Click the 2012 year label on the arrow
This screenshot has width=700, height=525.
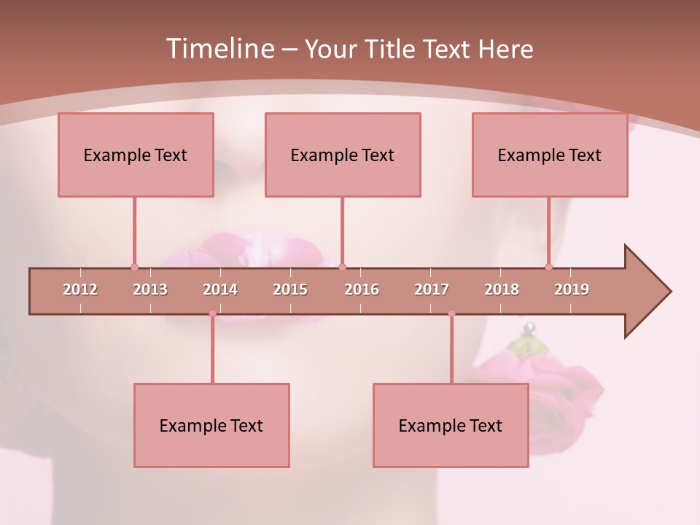point(80,289)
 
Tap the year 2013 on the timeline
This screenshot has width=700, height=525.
point(150,289)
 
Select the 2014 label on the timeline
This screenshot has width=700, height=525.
point(220,289)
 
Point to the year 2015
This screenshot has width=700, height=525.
point(290,289)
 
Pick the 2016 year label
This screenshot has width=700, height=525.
point(362,289)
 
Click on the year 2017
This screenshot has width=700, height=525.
point(432,289)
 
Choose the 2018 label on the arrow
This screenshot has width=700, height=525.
point(502,289)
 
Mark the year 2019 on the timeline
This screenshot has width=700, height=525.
point(572,289)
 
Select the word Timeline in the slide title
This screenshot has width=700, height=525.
point(218,49)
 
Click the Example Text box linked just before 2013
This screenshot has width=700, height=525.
point(136,155)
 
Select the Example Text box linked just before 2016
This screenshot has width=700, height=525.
point(343,155)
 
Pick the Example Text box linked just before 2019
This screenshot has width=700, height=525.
point(550,155)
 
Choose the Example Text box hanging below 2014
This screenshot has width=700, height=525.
point(211,425)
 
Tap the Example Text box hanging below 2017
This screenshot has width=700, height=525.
point(451,425)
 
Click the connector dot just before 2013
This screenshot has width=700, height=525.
point(134,267)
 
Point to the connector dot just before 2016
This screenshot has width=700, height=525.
point(343,267)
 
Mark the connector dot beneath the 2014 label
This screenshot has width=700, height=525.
point(212,314)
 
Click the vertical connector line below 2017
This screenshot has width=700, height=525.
point(451,350)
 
